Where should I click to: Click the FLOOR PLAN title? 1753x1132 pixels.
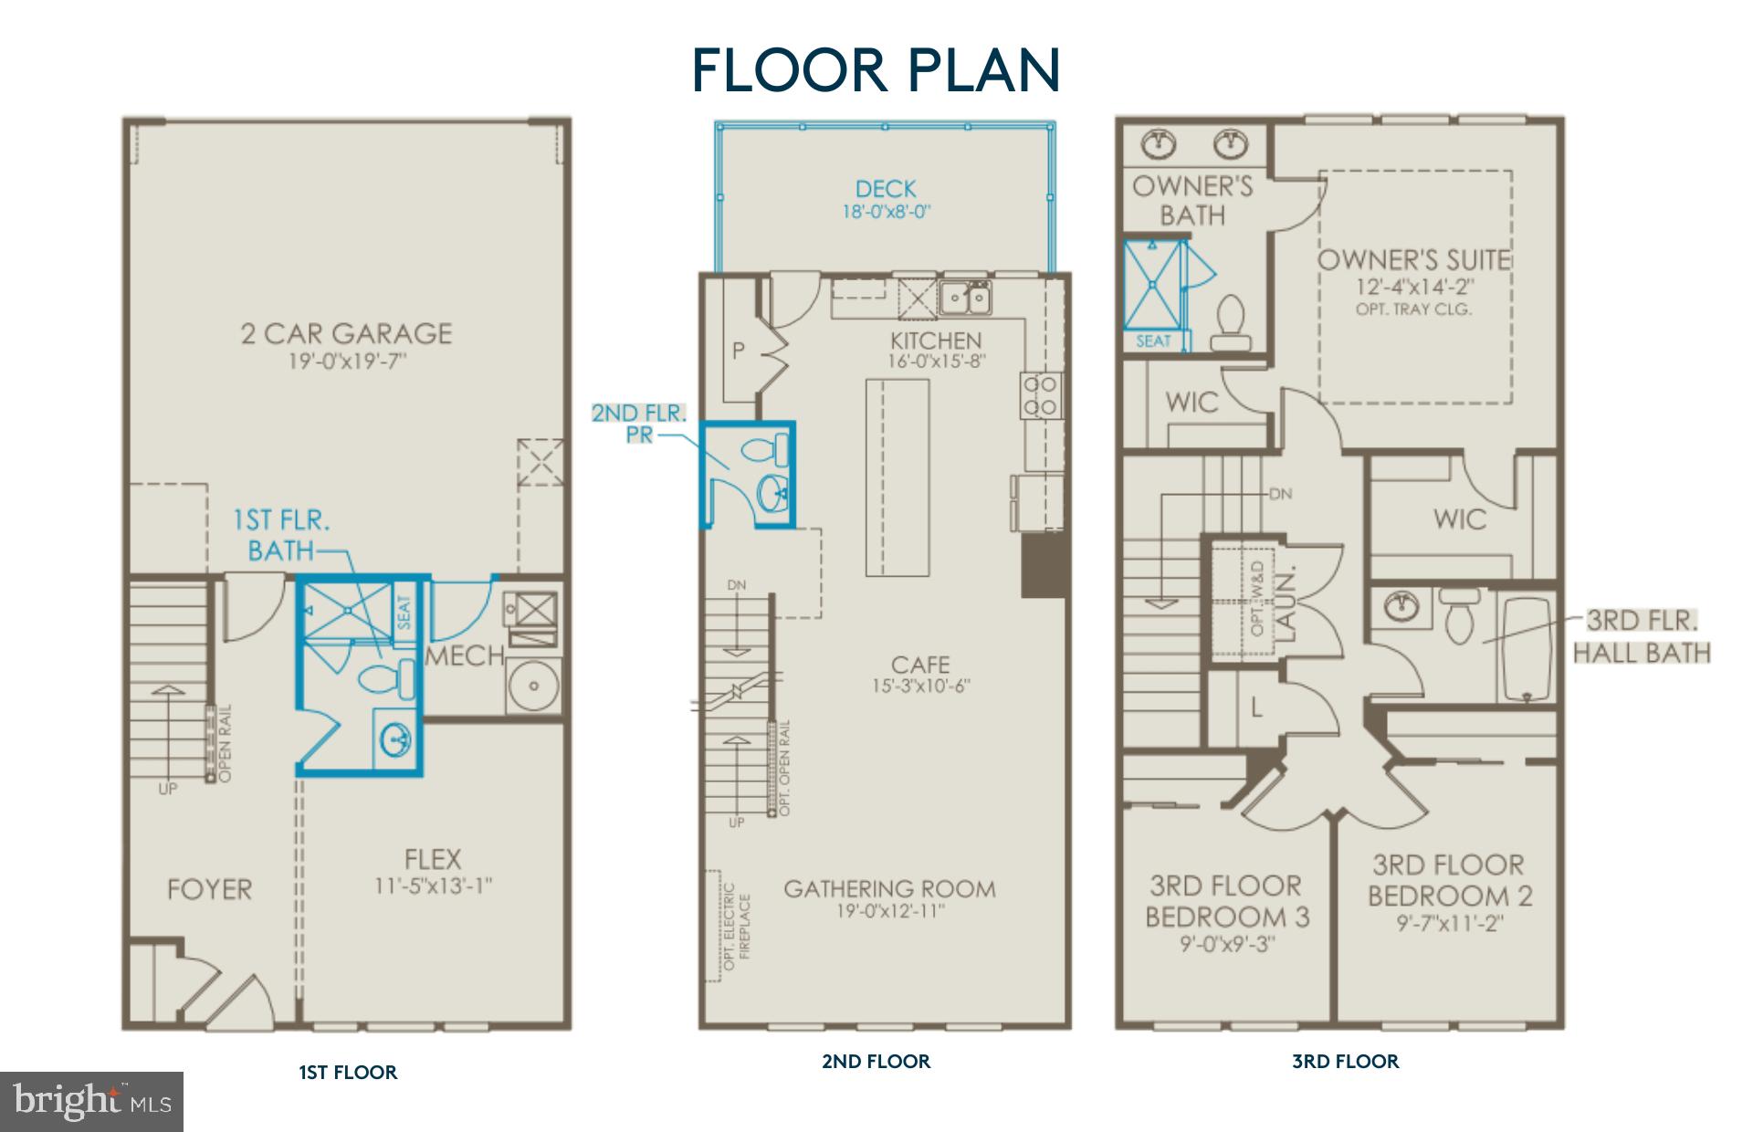tap(876, 69)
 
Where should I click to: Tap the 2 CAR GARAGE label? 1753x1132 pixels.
tap(346, 333)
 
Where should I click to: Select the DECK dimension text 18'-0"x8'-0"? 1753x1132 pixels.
tap(886, 212)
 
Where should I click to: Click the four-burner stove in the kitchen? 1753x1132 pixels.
tap(1040, 395)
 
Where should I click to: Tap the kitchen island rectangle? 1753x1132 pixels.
tap(897, 477)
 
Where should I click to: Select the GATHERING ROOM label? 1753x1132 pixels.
tap(889, 888)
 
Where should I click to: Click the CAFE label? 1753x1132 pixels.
tap(920, 665)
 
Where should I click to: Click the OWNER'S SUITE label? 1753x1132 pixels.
tap(1413, 259)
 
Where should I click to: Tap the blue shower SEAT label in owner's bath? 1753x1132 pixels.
tap(1153, 341)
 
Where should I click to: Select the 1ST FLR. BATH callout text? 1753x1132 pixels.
tap(281, 535)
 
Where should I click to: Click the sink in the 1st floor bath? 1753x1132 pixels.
tap(395, 738)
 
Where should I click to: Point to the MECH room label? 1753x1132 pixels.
tap(465, 655)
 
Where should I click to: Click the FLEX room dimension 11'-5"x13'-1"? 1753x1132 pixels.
tap(434, 886)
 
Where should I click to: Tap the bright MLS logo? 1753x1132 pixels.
tap(91, 1101)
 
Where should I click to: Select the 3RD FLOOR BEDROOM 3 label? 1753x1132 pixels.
tap(1226, 900)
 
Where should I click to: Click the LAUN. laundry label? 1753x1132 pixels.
tap(1286, 598)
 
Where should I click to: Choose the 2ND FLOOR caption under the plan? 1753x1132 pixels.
tap(876, 1061)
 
